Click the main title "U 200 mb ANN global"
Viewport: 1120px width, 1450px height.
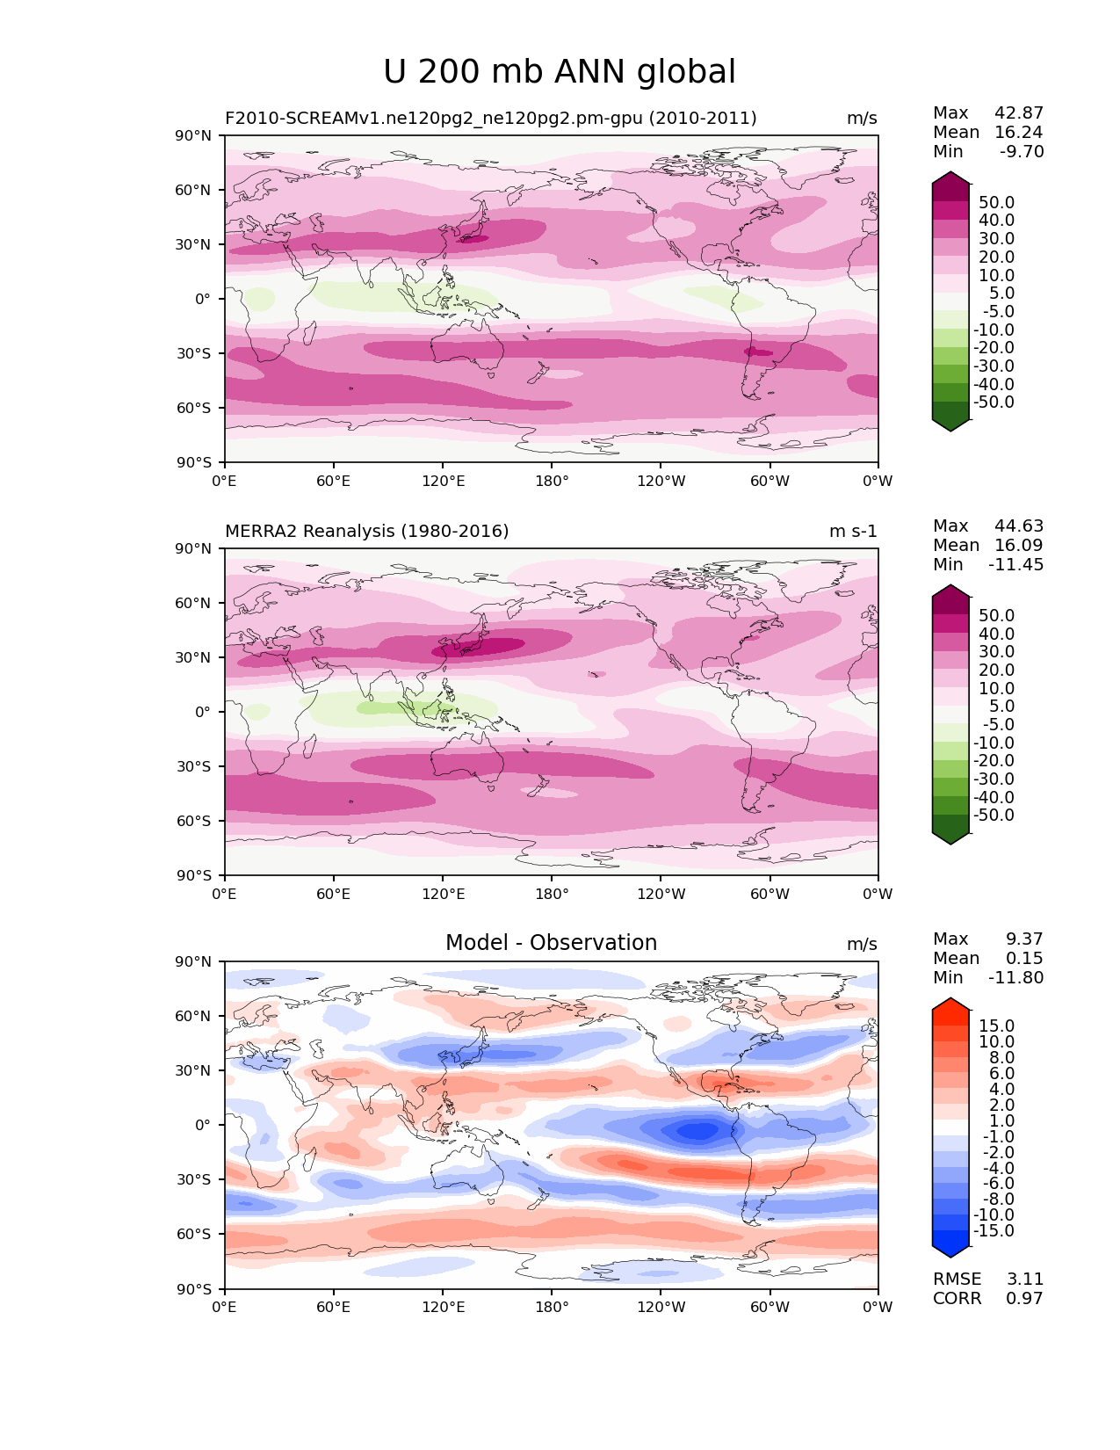coord(559,71)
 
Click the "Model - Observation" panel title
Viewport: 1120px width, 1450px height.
coord(551,942)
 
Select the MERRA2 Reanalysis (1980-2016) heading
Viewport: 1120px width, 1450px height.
coord(366,531)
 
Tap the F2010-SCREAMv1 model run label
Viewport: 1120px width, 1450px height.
coord(490,118)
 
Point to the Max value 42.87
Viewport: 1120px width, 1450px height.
coord(1019,112)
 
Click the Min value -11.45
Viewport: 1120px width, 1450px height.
coord(1015,564)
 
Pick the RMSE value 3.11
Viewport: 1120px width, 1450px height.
coord(1024,1279)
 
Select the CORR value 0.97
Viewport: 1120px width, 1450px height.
coord(1024,1298)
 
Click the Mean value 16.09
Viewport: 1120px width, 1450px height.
coord(1019,545)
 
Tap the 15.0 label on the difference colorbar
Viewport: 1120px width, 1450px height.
coord(996,1026)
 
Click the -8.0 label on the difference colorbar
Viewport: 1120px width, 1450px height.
coord(994,1199)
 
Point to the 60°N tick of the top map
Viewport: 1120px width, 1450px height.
coord(192,190)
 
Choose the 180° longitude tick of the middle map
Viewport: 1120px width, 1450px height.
coord(552,894)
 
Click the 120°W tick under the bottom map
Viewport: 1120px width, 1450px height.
coord(661,1307)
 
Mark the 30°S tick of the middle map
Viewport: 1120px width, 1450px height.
coord(193,766)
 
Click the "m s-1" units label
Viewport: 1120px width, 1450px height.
coord(852,531)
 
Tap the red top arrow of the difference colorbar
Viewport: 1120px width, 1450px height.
coord(950,1004)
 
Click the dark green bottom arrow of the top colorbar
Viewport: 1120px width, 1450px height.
coord(950,425)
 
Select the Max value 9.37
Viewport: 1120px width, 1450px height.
coord(1024,939)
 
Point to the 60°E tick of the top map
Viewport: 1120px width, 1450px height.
coord(333,481)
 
